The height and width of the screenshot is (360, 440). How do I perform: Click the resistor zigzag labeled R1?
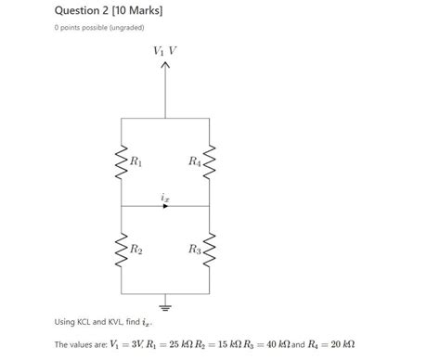(121, 161)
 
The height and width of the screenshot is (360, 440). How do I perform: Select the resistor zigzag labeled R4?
(209, 161)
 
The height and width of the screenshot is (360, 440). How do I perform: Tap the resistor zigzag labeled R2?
(121, 250)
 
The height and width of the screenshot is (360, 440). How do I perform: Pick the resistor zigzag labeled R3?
(209, 250)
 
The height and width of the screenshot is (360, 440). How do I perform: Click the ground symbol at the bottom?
(165, 307)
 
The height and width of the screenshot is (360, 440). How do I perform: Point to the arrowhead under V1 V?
(165, 65)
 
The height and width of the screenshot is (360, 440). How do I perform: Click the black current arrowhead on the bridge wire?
(165, 206)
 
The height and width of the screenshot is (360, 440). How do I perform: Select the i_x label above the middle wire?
(165, 198)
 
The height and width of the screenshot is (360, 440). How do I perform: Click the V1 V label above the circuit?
(165, 51)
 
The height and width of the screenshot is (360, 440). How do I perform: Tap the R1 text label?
(136, 161)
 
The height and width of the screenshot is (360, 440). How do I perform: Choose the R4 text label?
(195, 161)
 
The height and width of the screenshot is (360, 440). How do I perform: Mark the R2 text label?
(136, 249)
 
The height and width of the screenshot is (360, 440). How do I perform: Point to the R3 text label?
(195, 249)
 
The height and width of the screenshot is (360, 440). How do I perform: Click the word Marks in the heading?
(145, 10)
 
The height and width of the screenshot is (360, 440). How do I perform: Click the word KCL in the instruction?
(84, 322)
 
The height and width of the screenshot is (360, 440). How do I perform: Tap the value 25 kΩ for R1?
(181, 344)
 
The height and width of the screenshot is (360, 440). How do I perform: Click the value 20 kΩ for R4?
(343, 344)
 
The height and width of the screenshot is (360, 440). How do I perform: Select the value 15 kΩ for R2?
(230, 344)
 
